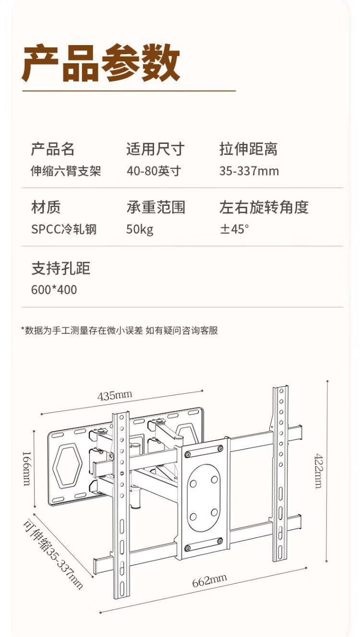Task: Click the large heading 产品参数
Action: pyautogui.click(x=101, y=63)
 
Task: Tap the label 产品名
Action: pyautogui.click(x=53, y=149)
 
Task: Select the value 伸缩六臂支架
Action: pyautogui.click(x=66, y=171)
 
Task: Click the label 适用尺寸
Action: pyautogui.click(x=155, y=149)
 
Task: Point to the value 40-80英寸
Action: pyautogui.click(x=154, y=171)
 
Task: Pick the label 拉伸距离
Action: pyautogui.click(x=248, y=149)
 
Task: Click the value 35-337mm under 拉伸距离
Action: pyautogui.click(x=249, y=171)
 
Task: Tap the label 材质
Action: pyautogui.click(x=46, y=207)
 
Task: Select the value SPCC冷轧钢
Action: pyautogui.click(x=64, y=229)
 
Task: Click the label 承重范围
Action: pyautogui.click(x=156, y=207)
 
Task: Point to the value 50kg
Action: pyautogui.click(x=140, y=229)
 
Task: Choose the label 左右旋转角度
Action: pyautogui.click(x=264, y=207)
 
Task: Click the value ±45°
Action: pyautogui.click(x=234, y=229)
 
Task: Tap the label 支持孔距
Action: pyautogui.click(x=60, y=268)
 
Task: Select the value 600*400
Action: pyautogui.click(x=54, y=290)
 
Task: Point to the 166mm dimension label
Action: pyautogui.click(x=26, y=467)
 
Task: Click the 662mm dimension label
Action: pyautogui.click(x=209, y=581)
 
